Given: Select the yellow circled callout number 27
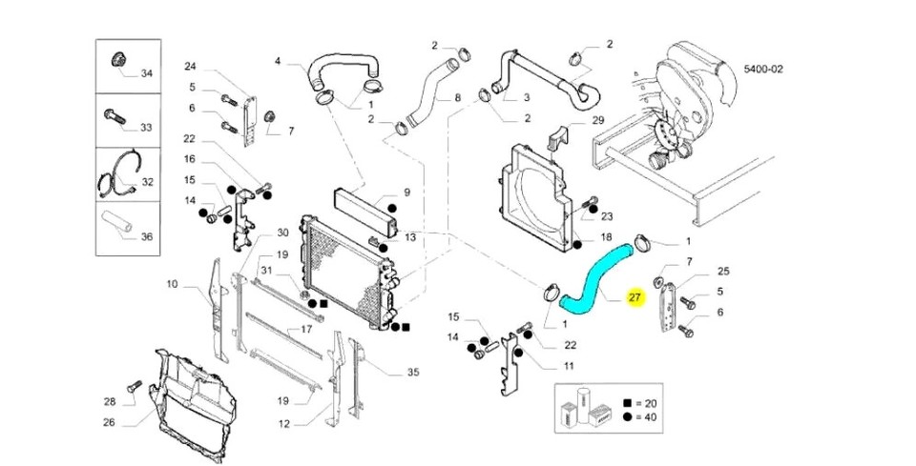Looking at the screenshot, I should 635,298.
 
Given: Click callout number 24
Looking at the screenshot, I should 190,67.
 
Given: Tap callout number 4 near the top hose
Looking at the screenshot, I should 279,62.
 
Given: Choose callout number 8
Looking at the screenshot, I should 457,98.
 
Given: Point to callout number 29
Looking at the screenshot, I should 598,121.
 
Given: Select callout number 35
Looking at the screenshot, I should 412,373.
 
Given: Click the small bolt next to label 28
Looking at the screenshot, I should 135,387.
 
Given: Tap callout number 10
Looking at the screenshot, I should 172,284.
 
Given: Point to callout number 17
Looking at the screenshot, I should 307,330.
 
